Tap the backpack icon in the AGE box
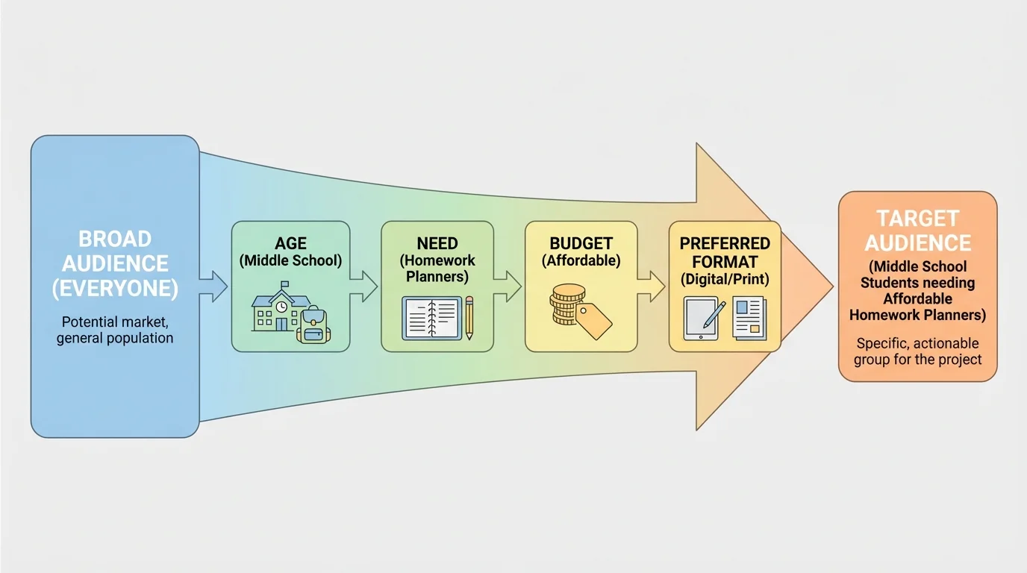pyautogui.click(x=313, y=325)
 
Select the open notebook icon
pyautogui.click(x=431, y=319)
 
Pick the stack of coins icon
pyautogui.click(x=566, y=304)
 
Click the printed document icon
pyautogui.click(x=749, y=319)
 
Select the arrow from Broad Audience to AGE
pyautogui.click(x=213, y=286)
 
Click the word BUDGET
pyautogui.click(x=581, y=244)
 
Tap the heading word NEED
pyautogui.click(x=437, y=244)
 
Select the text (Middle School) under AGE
pyautogui.click(x=290, y=260)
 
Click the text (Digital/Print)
pyautogui.click(x=724, y=279)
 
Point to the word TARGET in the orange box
pyautogui.click(x=917, y=219)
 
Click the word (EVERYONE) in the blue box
pyautogui.click(x=115, y=289)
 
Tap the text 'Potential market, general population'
pyautogui.click(x=115, y=330)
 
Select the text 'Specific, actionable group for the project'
pyautogui.click(x=917, y=351)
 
